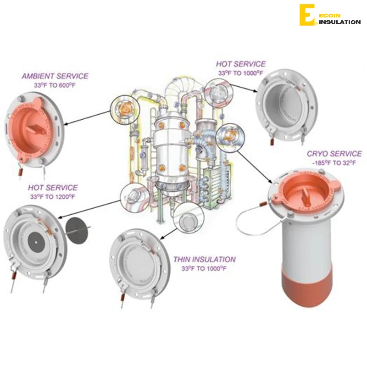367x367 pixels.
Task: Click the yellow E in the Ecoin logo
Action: (x=306, y=15)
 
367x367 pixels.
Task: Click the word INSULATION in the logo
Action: (x=339, y=22)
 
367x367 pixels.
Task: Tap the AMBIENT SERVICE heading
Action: (x=55, y=76)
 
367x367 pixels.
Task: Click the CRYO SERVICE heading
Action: (x=334, y=154)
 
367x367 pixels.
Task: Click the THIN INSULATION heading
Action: (x=204, y=260)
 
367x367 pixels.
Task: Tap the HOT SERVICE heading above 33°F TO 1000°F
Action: (x=240, y=64)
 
